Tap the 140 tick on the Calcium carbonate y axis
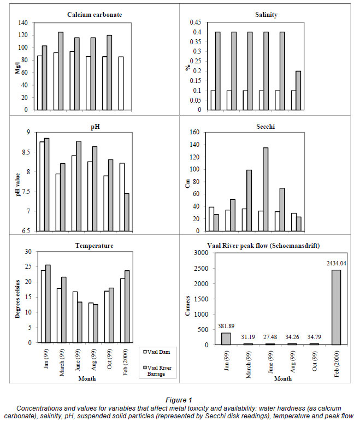pyautogui.click(x=23, y=23)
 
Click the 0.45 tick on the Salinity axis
pyautogui.click(x=195, y=23)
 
